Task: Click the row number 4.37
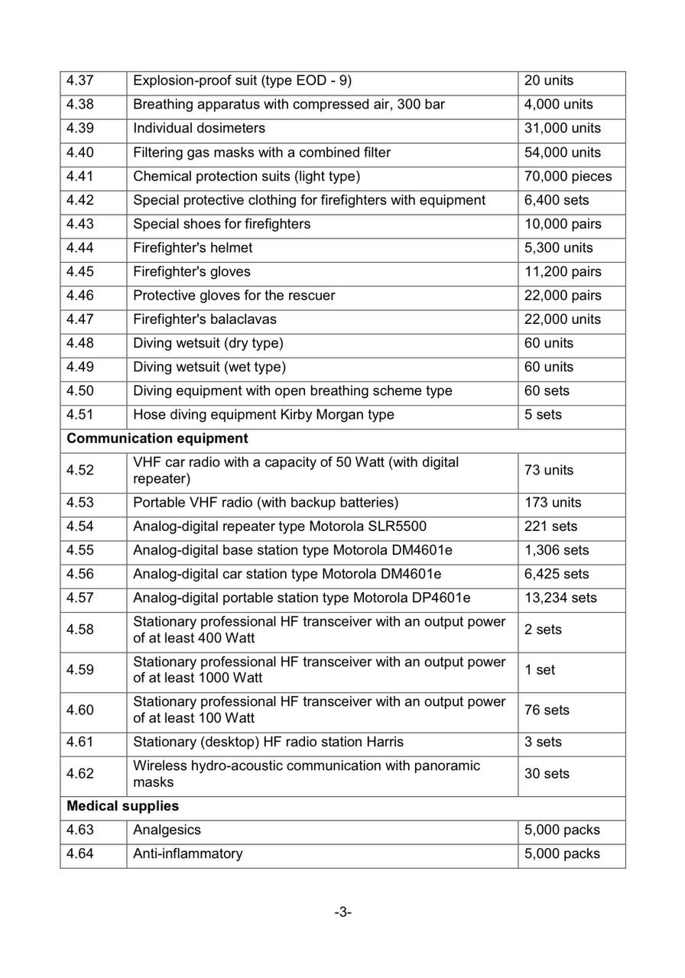coord(80,81)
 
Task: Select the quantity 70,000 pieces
coord(567,176)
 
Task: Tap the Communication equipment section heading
coord(157,439)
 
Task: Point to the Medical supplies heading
coord(123,806)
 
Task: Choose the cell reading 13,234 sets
coord(560,597)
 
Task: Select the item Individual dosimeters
coord(200,128)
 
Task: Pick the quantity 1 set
coord(540,670)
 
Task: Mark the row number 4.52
coord(80,470)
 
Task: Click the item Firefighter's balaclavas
coord(205,319)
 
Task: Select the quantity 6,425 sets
coord(557,574)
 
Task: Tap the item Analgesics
coord(167,830)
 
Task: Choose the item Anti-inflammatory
coord(188,853)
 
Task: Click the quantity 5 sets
coord(543,415)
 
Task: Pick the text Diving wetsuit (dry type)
coord(208,343)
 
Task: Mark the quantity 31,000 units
coord(563,128)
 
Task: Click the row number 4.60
coord(80,710)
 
